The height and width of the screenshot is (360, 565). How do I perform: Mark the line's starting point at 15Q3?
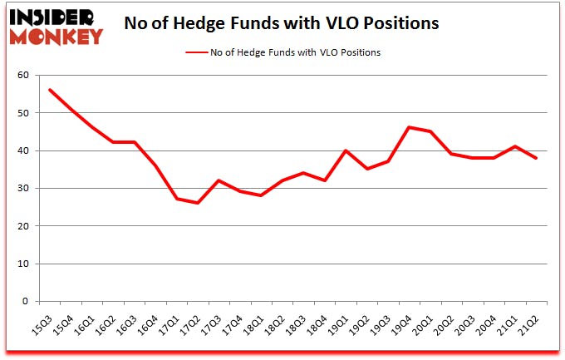pyautogui.click(x=50, y=90)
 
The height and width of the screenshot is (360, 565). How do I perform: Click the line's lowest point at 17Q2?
pyautogui.click(x=198, y=203)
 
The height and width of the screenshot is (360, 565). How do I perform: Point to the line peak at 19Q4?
pyautogui.click(x=410, y=127)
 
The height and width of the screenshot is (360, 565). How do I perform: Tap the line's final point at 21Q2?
pyautogui.click(x=537, y=158)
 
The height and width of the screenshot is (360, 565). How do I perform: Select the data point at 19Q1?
pyautogui.click(x=346, y=150)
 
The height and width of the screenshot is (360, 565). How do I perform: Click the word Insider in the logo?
pyautogui.click(x=56, y=17)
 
